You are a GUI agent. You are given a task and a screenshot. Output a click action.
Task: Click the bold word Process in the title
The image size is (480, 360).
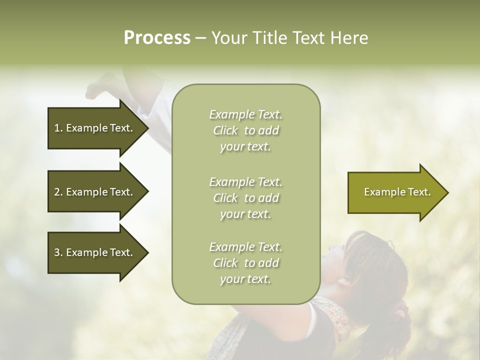coord(157,38)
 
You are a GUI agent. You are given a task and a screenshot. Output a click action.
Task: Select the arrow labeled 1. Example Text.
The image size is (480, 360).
coord(95,128)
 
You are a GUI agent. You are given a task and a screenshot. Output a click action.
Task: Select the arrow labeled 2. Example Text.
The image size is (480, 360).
coord(95,192)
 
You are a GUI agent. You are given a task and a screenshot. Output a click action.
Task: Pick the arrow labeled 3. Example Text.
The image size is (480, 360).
coord(95,252)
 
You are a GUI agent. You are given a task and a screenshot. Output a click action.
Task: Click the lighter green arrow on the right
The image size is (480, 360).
coord(395,192)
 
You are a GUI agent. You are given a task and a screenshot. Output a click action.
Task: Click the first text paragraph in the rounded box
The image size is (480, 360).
coord(245,130)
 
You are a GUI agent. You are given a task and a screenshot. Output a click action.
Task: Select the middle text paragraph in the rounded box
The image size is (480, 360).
coord(245,197)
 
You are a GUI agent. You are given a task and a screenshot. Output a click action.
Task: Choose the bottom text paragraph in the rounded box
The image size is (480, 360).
coord(245,262)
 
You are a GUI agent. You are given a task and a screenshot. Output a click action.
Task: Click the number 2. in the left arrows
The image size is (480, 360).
coord(58,192)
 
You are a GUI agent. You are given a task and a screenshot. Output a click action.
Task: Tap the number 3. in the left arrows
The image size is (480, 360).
coord(58,252)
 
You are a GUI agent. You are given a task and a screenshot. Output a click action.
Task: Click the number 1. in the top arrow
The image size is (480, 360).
coord(58,128)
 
